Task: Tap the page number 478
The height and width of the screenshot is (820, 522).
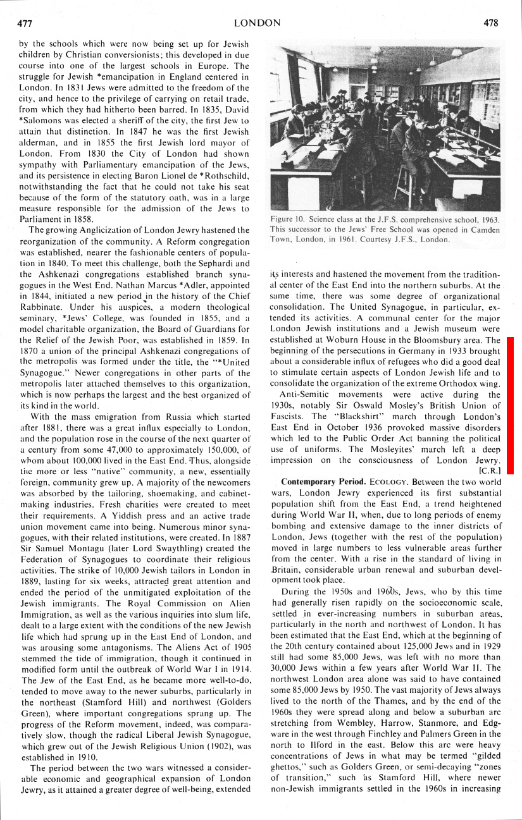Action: coord(491,23)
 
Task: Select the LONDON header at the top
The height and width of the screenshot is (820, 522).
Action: coord(257,23)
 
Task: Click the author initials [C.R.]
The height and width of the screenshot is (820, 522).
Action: coord(490,470)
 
